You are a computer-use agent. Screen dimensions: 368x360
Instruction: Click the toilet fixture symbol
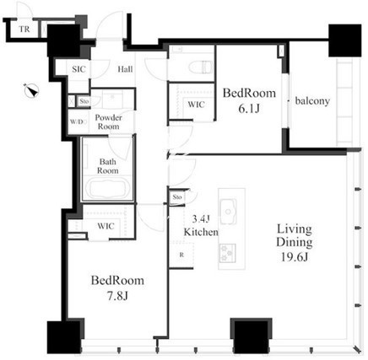200,67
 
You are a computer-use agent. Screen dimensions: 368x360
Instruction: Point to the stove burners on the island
228,253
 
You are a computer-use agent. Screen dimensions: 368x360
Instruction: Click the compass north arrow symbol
31,90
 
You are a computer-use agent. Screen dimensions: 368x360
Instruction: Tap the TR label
24,29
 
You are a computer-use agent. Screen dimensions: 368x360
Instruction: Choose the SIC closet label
78,69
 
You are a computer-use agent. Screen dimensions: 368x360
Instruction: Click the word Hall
125,69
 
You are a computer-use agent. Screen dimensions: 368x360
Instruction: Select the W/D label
77,122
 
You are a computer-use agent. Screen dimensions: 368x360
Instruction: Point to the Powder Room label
108,122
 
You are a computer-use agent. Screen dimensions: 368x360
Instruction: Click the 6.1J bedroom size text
249,109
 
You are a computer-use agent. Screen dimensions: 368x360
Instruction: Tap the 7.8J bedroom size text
117,296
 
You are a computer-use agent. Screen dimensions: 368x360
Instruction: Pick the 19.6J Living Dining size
295,257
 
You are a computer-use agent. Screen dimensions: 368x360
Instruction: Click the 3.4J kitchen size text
201,218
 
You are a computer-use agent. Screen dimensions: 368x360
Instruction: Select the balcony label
312,101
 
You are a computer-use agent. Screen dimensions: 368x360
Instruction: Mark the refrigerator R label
181,255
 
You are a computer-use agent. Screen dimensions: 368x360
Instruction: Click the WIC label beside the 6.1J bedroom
196,105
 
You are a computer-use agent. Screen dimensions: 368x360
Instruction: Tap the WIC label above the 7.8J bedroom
106,226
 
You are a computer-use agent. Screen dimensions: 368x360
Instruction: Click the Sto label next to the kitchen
177,197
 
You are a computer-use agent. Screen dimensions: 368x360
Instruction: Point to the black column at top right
345,40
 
